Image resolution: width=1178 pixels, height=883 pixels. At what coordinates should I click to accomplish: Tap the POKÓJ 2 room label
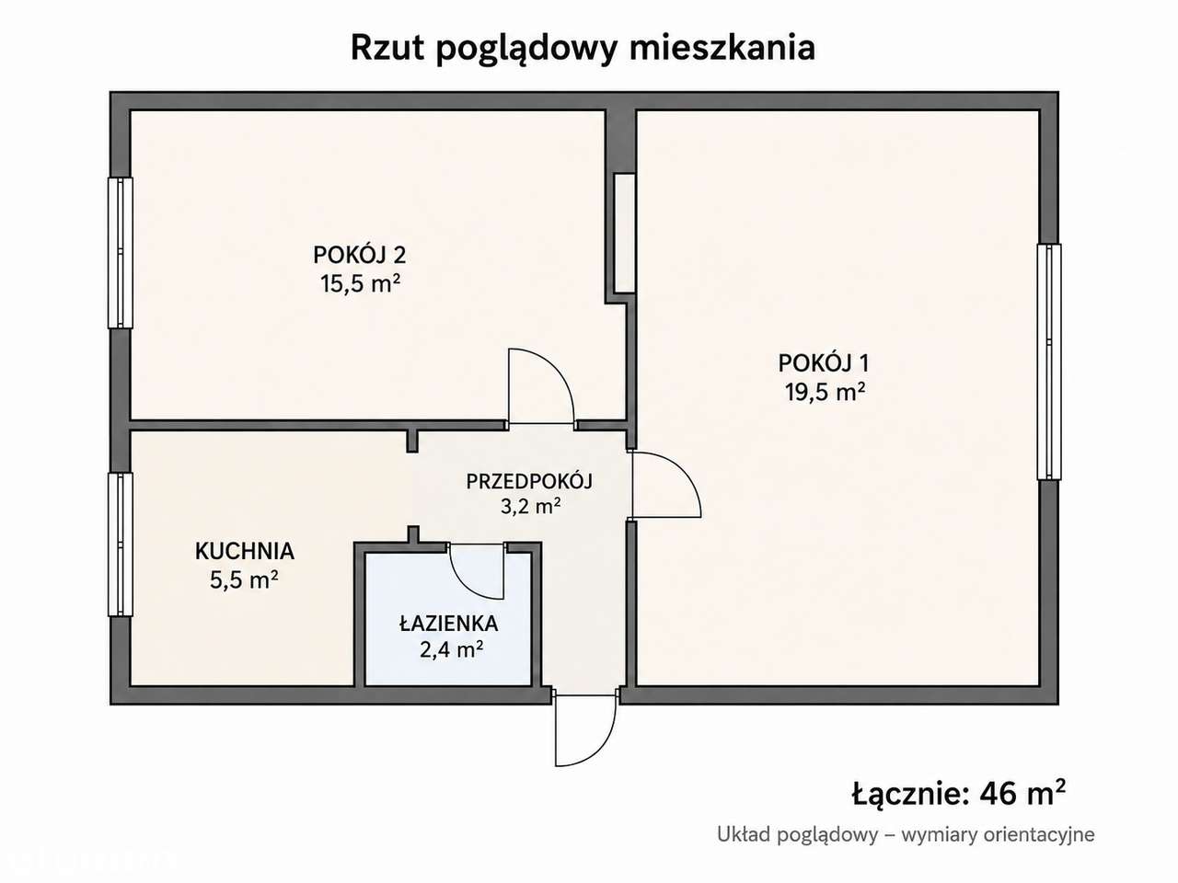[x=359, y=255]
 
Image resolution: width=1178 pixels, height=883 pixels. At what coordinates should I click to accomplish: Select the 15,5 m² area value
[x=361, y=283]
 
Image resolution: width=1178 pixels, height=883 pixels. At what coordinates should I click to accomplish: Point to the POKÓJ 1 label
[x=824, y=363]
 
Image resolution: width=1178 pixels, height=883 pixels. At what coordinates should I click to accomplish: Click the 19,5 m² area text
[x=826, y=392]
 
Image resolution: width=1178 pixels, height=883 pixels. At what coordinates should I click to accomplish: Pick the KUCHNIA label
[x=245, y=551]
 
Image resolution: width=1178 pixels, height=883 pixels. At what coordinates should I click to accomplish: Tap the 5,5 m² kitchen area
[x=244, y=579]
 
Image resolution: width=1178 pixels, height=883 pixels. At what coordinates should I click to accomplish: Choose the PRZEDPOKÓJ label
[x=529, y=481]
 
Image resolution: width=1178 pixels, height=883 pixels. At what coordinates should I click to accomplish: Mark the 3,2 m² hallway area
[x=531, y=506]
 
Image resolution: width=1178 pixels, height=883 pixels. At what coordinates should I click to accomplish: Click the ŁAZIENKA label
[x=449, y=623]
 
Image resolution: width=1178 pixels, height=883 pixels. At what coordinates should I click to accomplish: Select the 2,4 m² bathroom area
[x=451, y=649]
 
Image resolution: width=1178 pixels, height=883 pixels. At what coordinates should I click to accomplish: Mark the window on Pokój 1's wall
[x=1048, y=361]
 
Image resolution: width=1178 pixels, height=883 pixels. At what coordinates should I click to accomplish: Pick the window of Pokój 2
[x=121, y=253]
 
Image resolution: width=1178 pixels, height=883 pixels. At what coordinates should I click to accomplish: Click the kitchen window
[x=121, y=545]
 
